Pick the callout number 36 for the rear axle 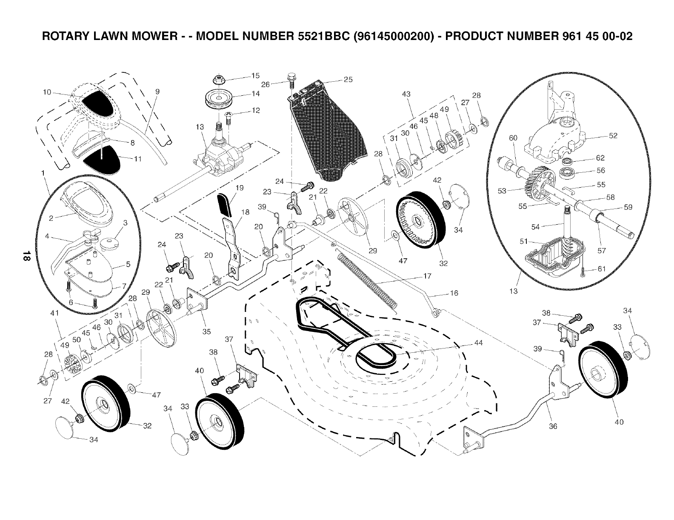click(x=553, y=426)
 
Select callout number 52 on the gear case click(x=613, y=136)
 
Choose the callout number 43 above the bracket click(x=406, y=94)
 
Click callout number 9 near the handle click(x=157, y=91)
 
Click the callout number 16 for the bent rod click(x=454, y=293)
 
